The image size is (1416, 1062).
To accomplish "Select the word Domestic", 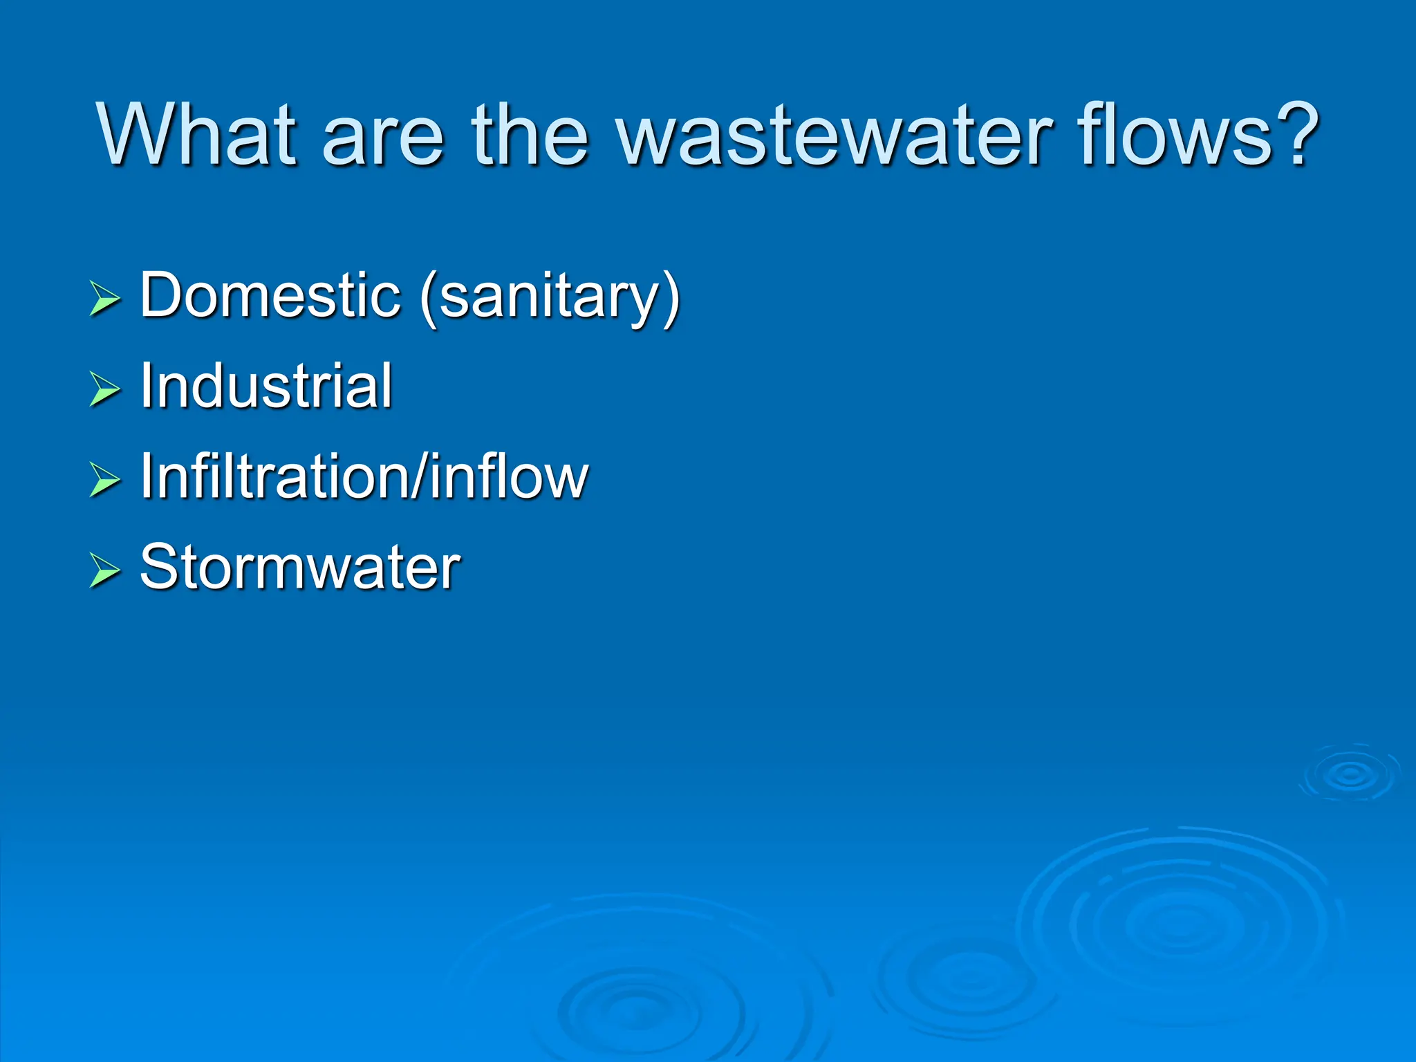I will pos(270,296).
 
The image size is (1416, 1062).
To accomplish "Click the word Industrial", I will pos(266,386).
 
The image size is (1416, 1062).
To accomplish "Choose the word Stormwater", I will pos(300,567).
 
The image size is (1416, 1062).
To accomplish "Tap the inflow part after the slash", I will pos(508,476).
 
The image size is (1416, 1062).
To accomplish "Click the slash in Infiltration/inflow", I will pos(420,476).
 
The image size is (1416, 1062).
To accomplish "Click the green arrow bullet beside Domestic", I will pos(105,299).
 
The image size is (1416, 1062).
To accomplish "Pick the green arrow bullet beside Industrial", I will pos(105,389).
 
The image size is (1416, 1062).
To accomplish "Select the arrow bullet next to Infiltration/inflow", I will pos(105,480).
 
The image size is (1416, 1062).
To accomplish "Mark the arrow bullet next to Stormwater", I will pos(105,570).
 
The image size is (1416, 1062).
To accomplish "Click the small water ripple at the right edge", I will pos(1350,774).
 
